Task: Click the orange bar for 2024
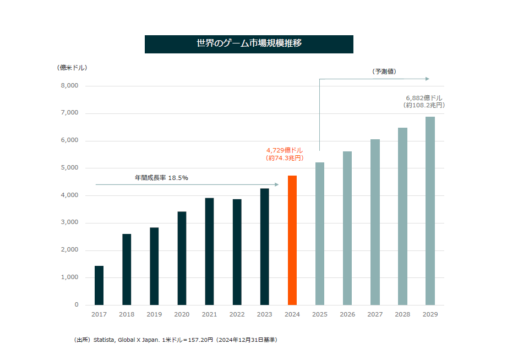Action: (292, 240)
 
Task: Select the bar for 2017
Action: (99, 285)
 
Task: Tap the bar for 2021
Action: (210, 251)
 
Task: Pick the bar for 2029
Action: (430, 211)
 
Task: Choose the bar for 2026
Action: (347, 228)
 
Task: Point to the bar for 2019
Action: (154, 266)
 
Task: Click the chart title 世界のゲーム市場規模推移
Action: (249, 44)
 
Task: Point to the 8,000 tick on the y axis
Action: (69, 86)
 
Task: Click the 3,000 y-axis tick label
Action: (69, 223)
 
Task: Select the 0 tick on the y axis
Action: (77, 305)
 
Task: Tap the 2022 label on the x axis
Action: (237, 314)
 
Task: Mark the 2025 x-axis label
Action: (319, 314)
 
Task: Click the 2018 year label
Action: (127, 314)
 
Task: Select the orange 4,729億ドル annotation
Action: (285, 150)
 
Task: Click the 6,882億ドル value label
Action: (424, 97)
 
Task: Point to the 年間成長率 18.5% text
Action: (161, 178)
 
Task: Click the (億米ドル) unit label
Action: (72, 68)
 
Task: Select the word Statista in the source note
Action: (103, 340)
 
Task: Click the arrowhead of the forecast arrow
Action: (427, 79)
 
